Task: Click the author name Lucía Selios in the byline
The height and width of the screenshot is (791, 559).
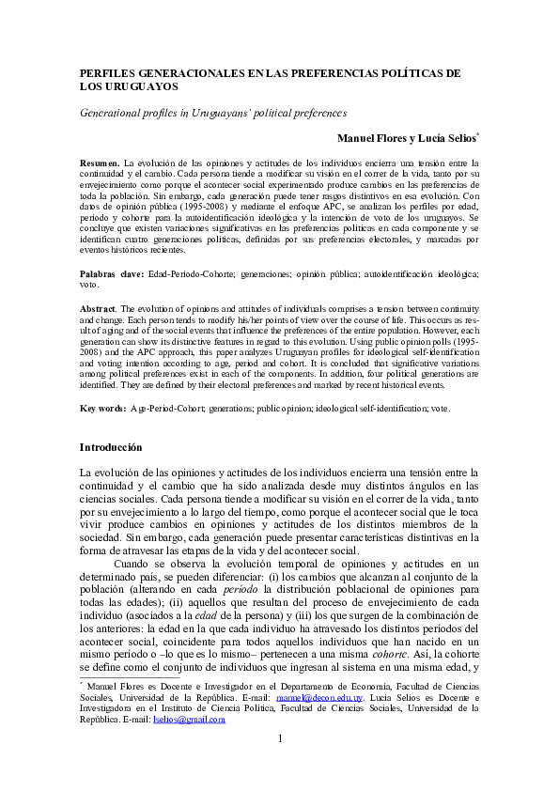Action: (x=448, y=139)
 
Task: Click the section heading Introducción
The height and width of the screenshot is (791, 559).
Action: (x=111, y=446)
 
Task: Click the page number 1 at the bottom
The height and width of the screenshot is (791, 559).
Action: (x=279, y=764)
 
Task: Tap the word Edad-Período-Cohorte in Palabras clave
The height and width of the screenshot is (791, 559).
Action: (x=191, y=273)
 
